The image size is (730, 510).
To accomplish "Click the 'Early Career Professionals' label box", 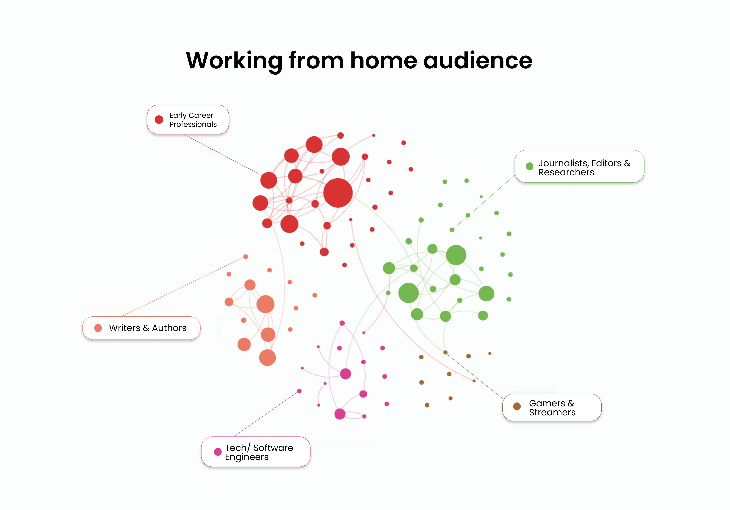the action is coord(188,120).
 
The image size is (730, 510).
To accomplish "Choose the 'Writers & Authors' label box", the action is coord(141,328).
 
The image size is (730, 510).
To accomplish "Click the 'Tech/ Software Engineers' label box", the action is coord(256,452).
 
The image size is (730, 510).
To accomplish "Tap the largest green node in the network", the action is coord(456,255).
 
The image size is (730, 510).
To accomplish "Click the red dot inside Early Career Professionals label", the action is coord(159,120).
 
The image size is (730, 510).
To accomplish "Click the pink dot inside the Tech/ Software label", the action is coord(218,452).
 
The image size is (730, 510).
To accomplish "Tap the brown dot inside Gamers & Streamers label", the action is coord(517,406).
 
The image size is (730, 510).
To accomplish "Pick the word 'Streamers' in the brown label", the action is coord(552,412).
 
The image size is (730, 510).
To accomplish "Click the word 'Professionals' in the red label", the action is coord(193,124).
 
